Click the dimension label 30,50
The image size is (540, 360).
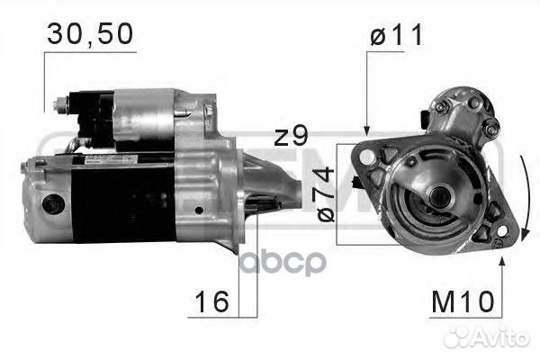pos(90,34)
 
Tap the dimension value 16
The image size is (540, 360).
pos(213,303)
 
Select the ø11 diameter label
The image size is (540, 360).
pos(395,37)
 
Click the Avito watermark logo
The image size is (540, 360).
pos(486,337)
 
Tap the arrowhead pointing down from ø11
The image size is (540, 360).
pos(366,129)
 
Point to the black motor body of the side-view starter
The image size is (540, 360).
pos(117,202)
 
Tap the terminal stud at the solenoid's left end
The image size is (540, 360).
pos(61,105)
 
